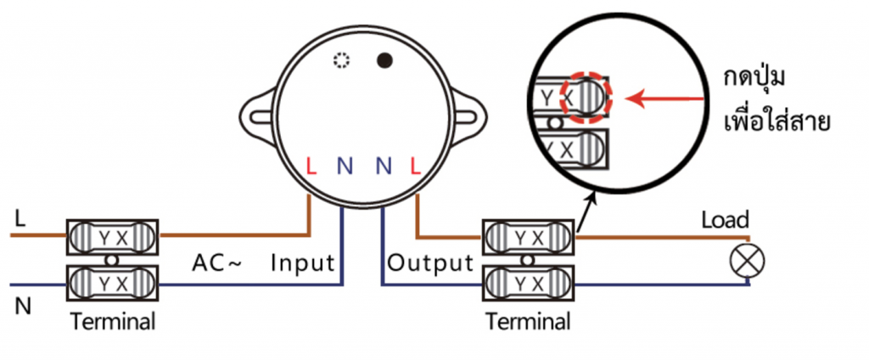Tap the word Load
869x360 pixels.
coord(725,221)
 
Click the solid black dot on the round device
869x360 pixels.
coord(385,61)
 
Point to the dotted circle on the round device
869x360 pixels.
coord(341,61)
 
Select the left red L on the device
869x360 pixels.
coord(311,166)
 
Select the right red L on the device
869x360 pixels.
coord(415,166)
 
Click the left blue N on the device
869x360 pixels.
coord(344,166)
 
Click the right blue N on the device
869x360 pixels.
coord(382,166)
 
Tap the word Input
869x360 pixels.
coord(304,263)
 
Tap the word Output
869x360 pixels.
coord(429,263)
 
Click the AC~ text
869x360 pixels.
coord(216,263)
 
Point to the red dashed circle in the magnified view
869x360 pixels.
coord(589,98)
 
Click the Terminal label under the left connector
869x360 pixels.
coord(113,323)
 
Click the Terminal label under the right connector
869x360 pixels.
coord(528,323)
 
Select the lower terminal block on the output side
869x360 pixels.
coord(528,281)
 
